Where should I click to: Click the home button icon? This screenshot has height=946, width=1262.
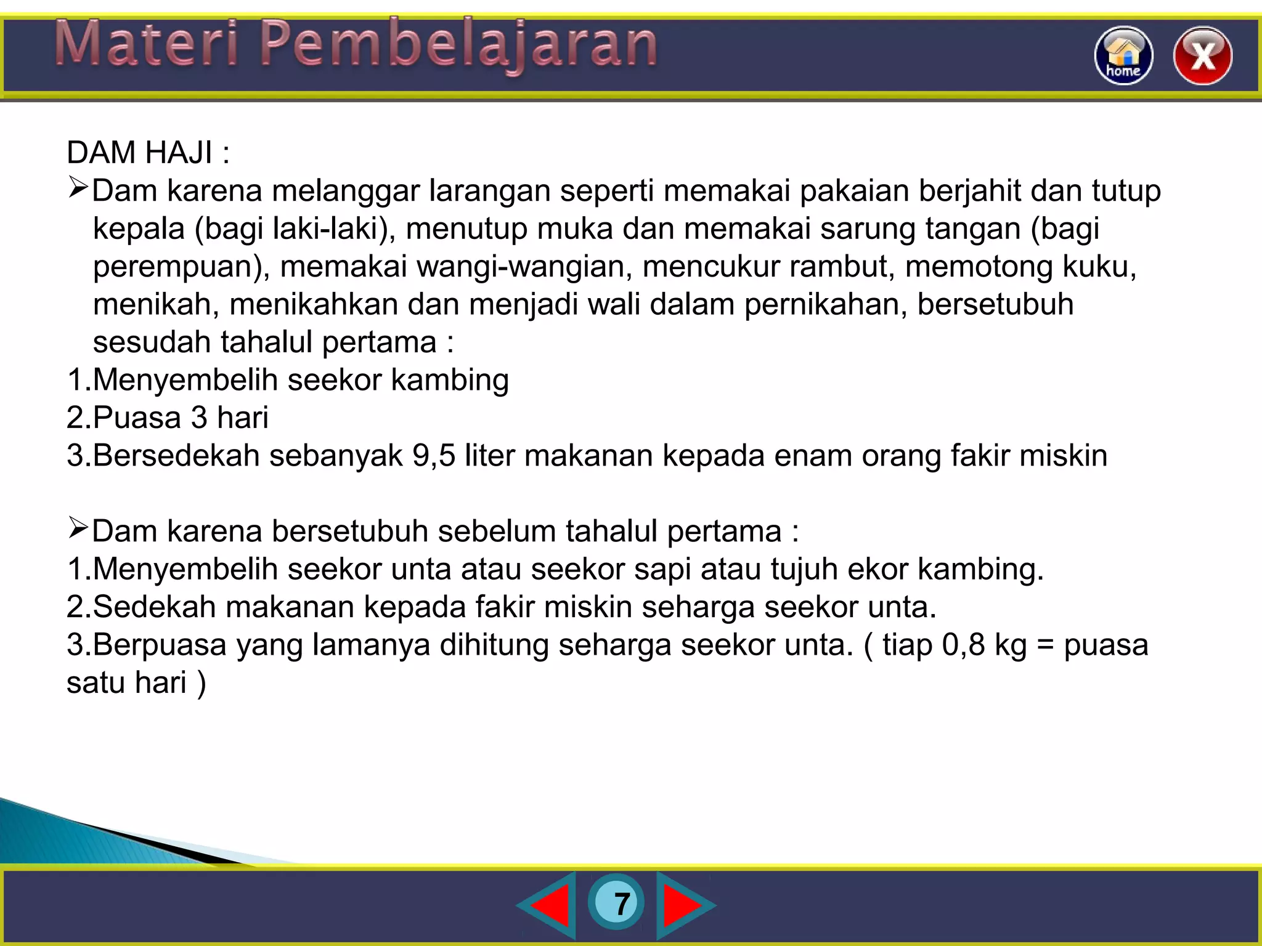(x=1123, y=55)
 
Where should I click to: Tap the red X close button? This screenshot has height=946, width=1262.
(x=1202, y=55)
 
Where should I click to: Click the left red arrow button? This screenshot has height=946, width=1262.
(x=548, y=905)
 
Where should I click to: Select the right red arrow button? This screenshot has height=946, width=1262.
(x=683, y=905)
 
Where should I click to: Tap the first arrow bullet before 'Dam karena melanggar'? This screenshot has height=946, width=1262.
(x=78, y=187)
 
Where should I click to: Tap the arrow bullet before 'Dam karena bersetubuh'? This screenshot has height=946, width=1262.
(x=78, y=528)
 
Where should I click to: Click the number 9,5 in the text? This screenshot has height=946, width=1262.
(x=434, y=456)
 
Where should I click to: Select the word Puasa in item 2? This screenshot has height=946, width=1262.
(x=137, y=418)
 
